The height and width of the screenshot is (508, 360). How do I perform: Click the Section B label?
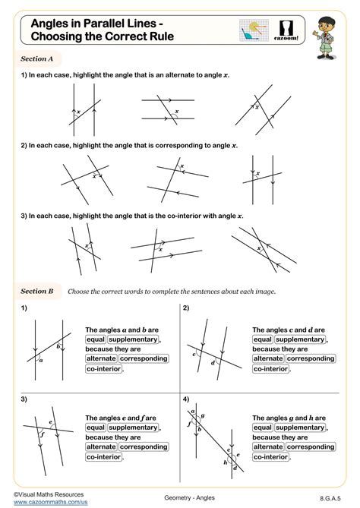pyautogui.click(x=36, y=291)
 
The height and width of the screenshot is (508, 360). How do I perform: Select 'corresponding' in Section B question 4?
pyautogui.click(x=311, y=446)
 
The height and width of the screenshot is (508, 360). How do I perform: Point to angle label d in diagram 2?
pyautogui.click(x=213, y=362)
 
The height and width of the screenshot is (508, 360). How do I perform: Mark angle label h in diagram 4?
pyautogui.click(x=226, y=462)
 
